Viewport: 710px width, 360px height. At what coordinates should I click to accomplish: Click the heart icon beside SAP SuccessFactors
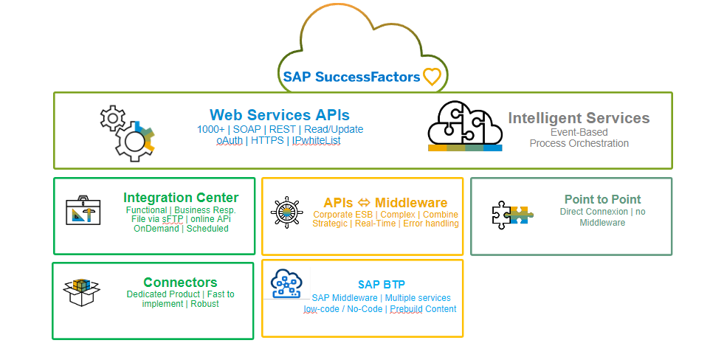(432, 77)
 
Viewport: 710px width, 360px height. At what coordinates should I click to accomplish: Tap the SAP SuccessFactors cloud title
(352, 77)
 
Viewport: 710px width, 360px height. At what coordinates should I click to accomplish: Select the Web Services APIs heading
(280, 114)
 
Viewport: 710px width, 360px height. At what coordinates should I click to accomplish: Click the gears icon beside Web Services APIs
(127, 133)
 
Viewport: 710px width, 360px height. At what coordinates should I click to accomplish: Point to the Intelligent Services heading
(579, 118)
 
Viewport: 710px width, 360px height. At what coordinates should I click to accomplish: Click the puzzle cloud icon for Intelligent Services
(465, 125)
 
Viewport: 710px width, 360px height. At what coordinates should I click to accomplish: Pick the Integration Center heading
(181, 198)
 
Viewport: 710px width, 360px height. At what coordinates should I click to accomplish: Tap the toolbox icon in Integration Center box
(83, 210)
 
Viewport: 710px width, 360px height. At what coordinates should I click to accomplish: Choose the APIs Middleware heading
(385, 202)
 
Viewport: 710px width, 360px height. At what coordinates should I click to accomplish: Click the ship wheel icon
(286, 212)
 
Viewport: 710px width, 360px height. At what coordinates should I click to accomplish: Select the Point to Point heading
(603, 199)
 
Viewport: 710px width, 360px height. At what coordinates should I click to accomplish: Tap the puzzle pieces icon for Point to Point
(512, 215)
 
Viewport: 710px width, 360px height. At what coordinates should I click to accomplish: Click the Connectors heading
(180, 282)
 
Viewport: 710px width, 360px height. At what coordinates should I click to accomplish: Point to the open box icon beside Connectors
(81, 292)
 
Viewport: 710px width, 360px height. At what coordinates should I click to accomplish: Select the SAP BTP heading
(382, 284)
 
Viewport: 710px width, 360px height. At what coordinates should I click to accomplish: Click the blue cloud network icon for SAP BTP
(286, 283)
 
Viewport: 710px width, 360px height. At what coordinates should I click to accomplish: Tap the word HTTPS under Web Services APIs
(267, 140)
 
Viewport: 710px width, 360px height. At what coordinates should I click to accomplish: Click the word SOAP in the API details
(247, 130)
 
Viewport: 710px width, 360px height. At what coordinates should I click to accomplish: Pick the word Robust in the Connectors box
(204, 304)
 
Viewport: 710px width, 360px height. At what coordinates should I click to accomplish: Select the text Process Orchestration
(579, 143)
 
